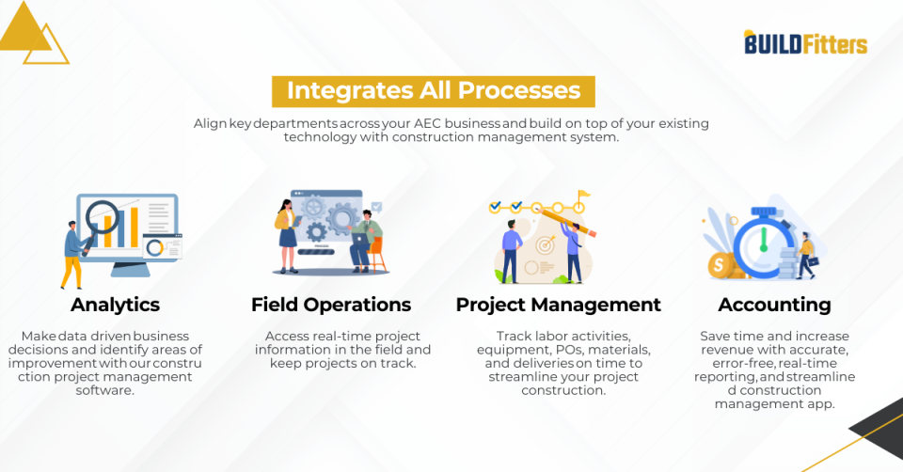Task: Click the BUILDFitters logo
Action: pyautogui.click(x=805, y=42)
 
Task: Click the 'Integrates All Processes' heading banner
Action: pyautogui.click(x=434, y=91)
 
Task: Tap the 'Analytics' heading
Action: pyautogui.click(x=115, y=305)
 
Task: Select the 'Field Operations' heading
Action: pyautogui.click(x=331, y=305)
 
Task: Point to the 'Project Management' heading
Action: pyautogui.click(x=558, y=305)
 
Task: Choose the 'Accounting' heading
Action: pyautogui.click(x=774, y=305)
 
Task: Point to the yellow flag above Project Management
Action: pyautogui.click(x=583, y=197)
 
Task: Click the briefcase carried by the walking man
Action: pyautogui.click(x=814, y=260)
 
